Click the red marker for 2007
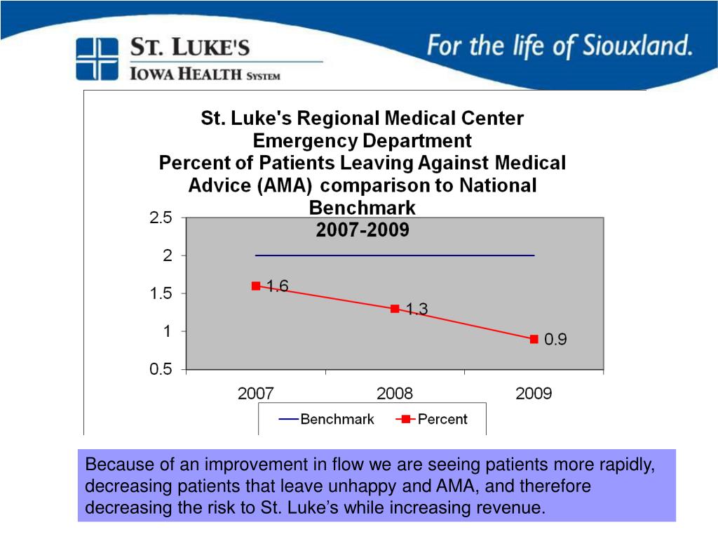pos(256,286)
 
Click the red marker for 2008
pos(395,308)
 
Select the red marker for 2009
pos(534,339)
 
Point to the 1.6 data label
pos(277,286)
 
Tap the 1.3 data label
pos(416,309)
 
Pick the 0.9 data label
pos(556,340)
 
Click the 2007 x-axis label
pos(256,394)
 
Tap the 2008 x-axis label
pos(395,394)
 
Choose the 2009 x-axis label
pos(534,394)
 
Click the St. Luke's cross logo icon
pos(97,59)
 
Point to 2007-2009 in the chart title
pos(363,230)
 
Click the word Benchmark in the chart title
pos(363,208)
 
